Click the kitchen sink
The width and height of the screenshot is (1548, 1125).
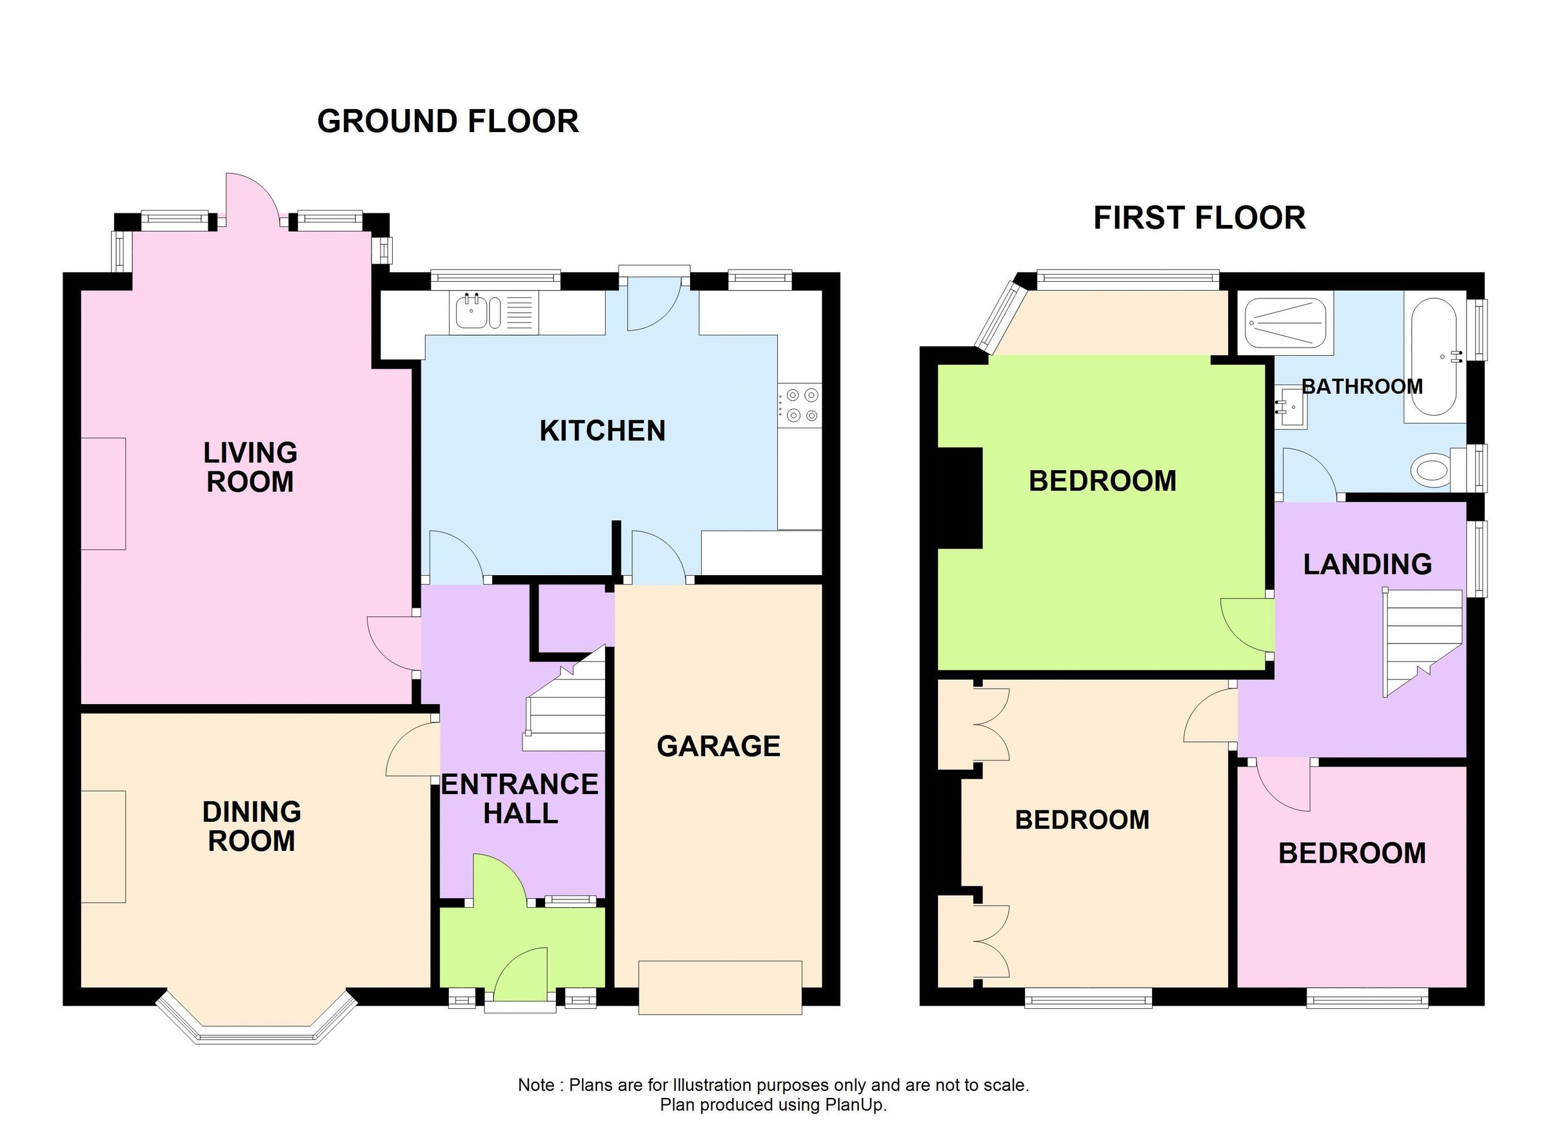(x=471, y=313)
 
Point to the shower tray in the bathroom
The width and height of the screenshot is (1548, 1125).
(x=1286, y=323)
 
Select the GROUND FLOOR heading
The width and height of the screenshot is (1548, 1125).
(x=448, y=121)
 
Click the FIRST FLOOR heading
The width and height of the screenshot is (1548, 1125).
(x=1199, y=219)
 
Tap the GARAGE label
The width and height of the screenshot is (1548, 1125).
(x=718, y=747)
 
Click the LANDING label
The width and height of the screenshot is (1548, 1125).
(x=1367, y=564)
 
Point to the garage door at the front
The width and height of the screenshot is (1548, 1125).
(x=719, y=987)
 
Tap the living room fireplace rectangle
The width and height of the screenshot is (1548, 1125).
(x=103, y=494)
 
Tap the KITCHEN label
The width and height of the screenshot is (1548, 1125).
(x=602, y=431)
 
